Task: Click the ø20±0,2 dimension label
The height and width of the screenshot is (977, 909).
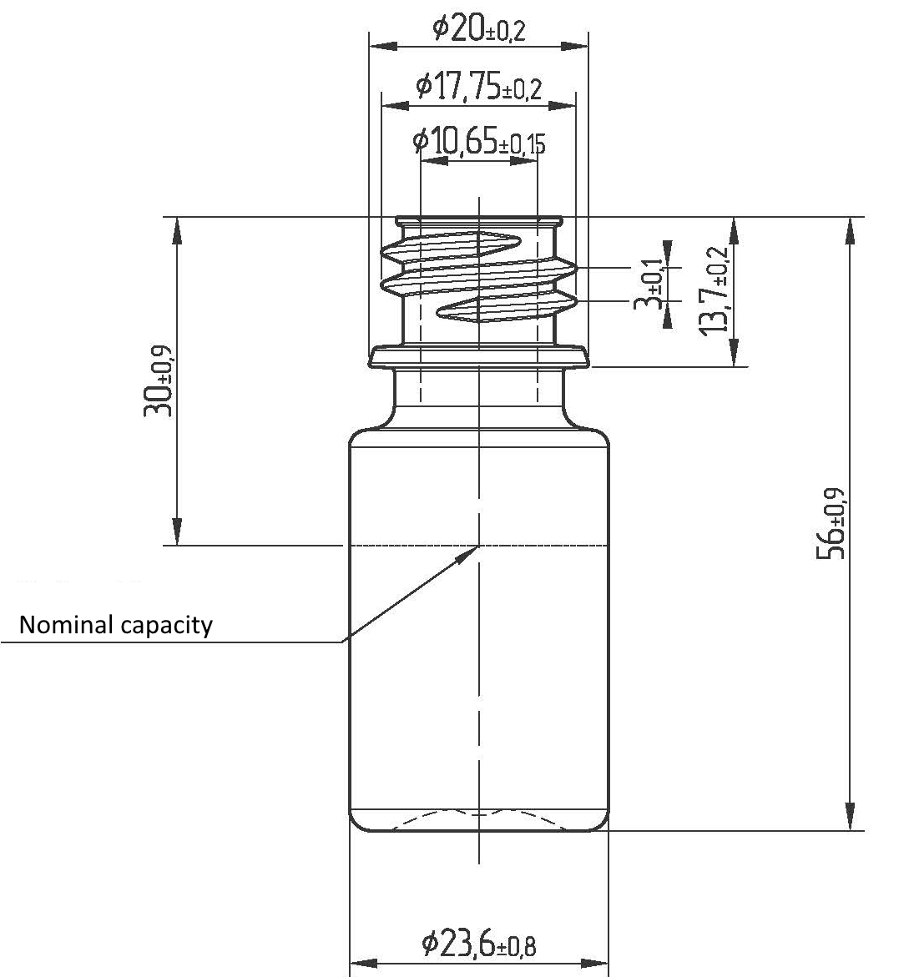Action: [479, 28]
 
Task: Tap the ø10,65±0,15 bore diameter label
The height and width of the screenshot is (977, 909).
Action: [479, 142]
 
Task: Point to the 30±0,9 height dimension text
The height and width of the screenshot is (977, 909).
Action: [159, 380]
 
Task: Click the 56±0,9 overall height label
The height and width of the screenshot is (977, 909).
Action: [831, 523]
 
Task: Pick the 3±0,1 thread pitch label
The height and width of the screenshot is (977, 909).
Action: [649, 285]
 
